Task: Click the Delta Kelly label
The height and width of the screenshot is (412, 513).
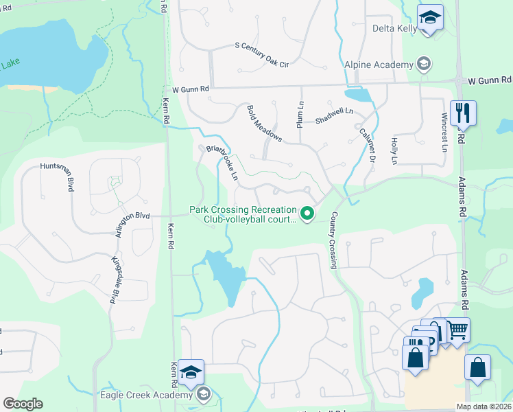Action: click(x=394, y=29)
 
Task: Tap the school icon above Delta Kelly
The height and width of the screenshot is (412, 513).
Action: click(x=430, y=17)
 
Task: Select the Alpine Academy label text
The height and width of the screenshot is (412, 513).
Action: click(x=379, y=65)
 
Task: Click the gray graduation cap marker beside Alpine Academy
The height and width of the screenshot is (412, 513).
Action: click(x=424, y=65)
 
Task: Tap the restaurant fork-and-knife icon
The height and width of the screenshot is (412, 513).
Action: click(x=464, y=113)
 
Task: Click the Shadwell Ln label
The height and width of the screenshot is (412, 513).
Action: click(x=334, y=115)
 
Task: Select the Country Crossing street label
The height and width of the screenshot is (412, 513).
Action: click(x=334, y=240)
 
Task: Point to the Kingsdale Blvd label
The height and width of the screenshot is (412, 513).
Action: click(x=115, y=281)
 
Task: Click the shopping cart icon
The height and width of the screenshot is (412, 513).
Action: click(x=457, y=329)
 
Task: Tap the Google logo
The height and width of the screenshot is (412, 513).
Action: click(x=23, y=404)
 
